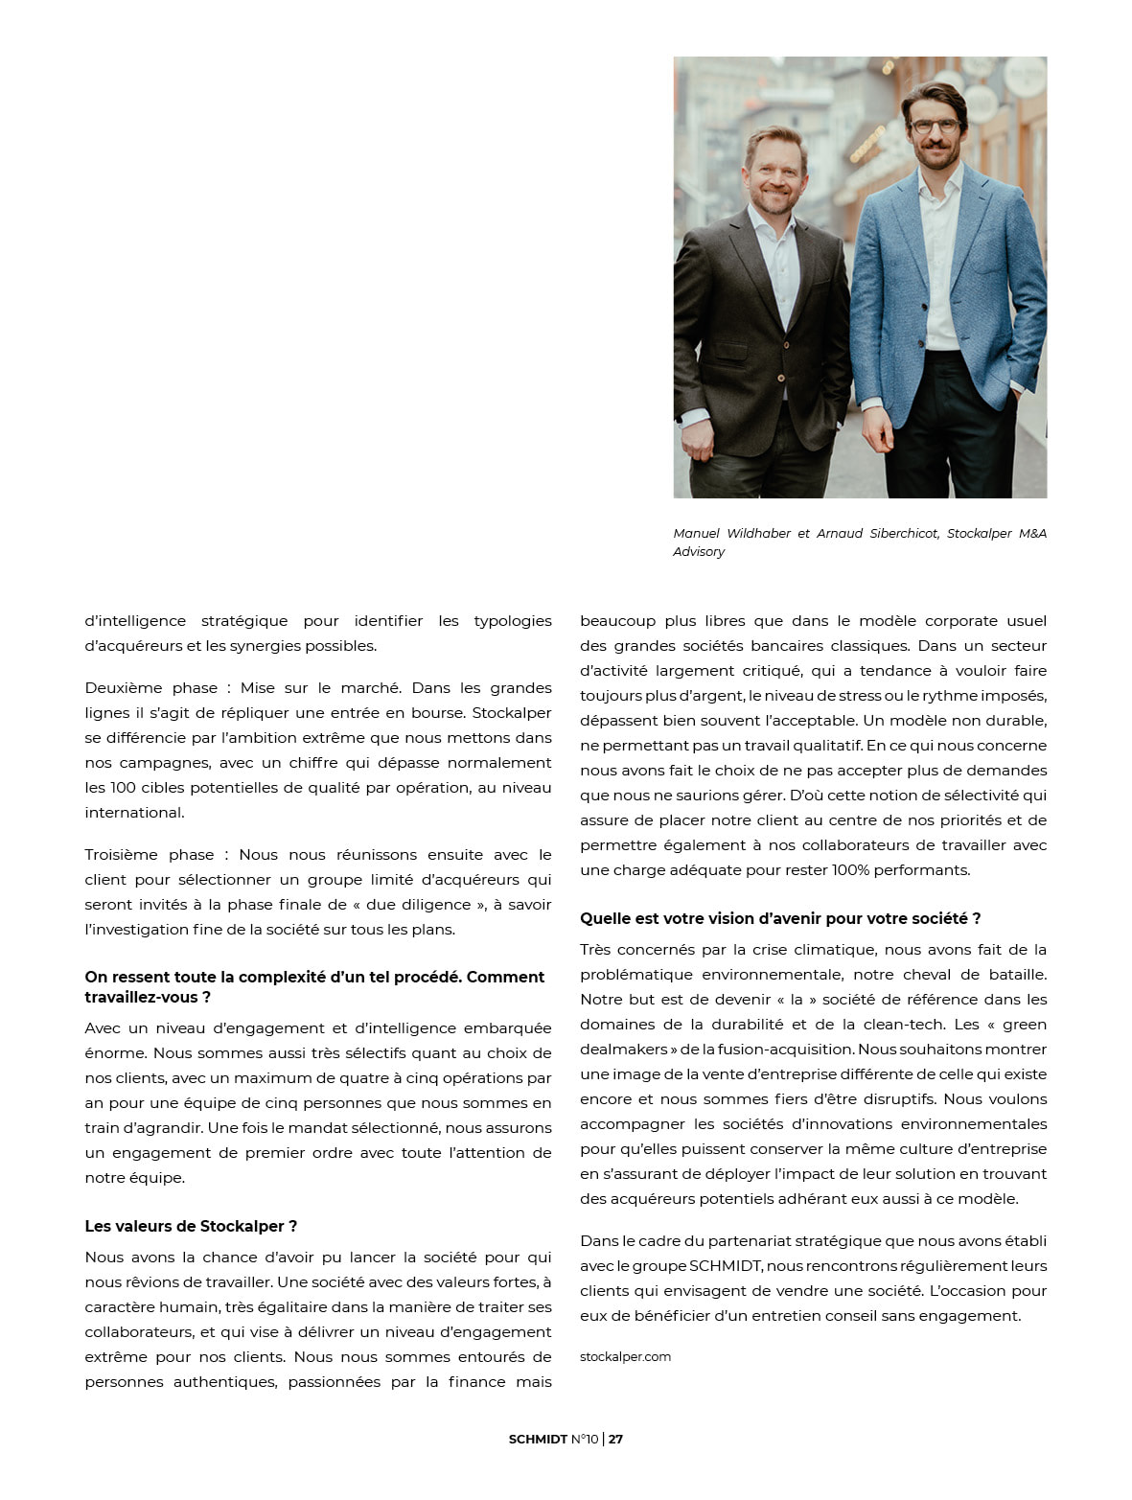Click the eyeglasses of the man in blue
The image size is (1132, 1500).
(934, 126)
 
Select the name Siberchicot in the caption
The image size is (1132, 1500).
(903, 533)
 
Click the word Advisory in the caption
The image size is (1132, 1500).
(699, 551)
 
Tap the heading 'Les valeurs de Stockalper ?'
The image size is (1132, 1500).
(191, 1226)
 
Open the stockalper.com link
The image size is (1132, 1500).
(625, 1356)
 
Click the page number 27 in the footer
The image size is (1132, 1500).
(615, 1439)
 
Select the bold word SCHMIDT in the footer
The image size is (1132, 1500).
(538, 1439)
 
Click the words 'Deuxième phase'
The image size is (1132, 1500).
(149, 687)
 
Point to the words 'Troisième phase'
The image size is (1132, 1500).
(149, 854)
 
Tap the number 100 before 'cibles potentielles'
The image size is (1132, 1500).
(124, 787)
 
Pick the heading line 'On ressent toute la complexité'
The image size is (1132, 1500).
(314, 977)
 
